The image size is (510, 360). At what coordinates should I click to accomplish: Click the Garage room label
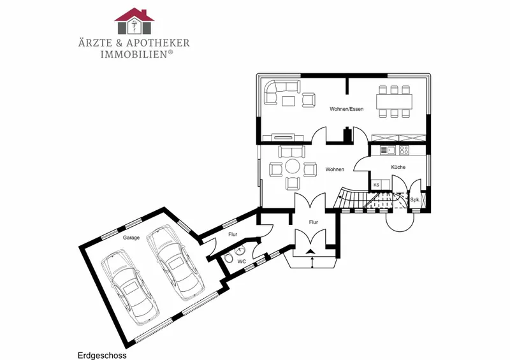click(x=131, y=238)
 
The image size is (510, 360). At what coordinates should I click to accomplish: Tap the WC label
click(x=242, y=261)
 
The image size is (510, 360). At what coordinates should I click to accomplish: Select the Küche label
click(x=398, y=167)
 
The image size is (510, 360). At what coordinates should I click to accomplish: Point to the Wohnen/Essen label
click(x=346, y=109)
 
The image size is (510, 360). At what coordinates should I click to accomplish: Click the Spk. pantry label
click(x=415, y=199)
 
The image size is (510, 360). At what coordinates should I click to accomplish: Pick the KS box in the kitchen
click(x=376, y=185)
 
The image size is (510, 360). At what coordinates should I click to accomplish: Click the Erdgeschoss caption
click(x=102, y=356)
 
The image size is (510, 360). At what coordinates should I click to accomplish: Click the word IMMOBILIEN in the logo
click(x=134, y=54)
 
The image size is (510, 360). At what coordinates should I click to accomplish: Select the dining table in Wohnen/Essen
click(x=394, y=101)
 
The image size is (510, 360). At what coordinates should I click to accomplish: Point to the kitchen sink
click(x=388, y=150)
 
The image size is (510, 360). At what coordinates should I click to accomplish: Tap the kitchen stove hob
click(x=404, y=150)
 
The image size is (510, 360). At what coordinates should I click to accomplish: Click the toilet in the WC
click(x=228, y=259)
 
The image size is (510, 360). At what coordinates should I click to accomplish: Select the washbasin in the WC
click(x=241, y=250)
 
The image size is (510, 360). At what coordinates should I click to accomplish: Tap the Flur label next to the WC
click(x=233, y=234)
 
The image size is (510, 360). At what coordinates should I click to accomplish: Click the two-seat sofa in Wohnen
click(x=292, y=151)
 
